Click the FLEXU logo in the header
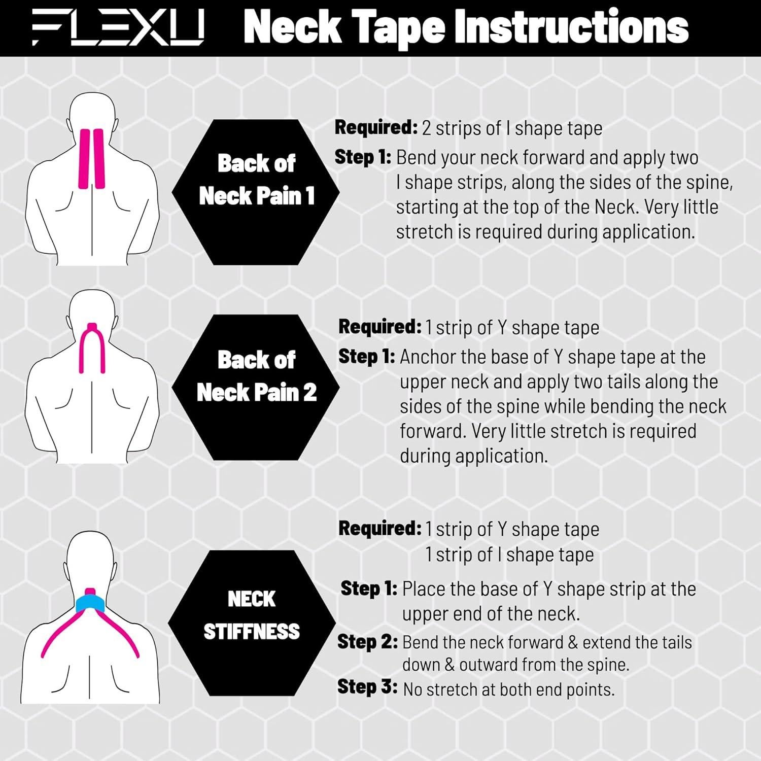pyautogui.click(x=118, y=28)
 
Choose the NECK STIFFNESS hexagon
pyautogui.click(x=252, y=623)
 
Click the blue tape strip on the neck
pyautogui.click(x=90, y=604)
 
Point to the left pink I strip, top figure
pyautogui.click(x=84, y=158)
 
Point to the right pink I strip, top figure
pyautogui.click(x=98, y=158)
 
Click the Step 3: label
pyautogui.click(x=367, y=687)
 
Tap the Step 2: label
pyautogui.click(x=367, y=642)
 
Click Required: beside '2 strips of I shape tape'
pyautogui.click(x=376, y=128)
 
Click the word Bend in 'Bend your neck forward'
pyautogui.click(x=413, y=158)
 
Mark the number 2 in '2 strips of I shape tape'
pyautogui.click(x=427, y=128)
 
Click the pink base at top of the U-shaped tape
pyautogui.click(x=92, y=326)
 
